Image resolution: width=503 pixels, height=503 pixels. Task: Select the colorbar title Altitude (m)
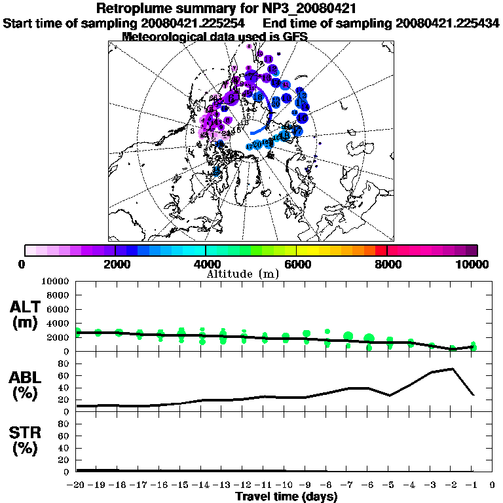point(243,273)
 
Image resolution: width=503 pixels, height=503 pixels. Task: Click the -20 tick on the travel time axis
point(76,485)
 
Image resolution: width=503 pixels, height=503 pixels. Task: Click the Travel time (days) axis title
point(286,497)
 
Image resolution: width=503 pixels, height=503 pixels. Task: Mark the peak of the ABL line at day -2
point(453,369)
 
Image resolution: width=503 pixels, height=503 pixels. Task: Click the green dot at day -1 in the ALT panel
point(473,347)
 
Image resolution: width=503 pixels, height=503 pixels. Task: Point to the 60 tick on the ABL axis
point(65,376)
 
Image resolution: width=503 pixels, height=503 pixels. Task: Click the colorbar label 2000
point(115,264)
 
